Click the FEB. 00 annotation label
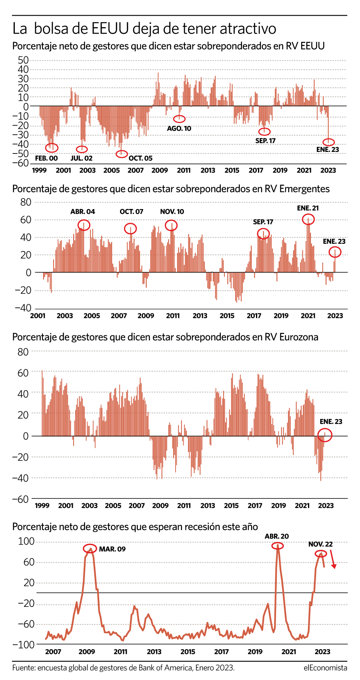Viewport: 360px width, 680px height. click(46, 158)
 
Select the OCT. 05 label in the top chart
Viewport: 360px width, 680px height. click(140, 158)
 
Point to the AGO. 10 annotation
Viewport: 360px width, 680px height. click(179, 128)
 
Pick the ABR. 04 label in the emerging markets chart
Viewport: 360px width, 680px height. click(83, 211)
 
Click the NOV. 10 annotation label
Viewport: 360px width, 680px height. click(172, 211)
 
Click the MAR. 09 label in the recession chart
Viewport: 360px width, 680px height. click(112, 549)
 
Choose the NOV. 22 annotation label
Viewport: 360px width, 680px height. click(320, 544)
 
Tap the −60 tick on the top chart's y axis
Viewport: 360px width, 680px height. click(20, 163)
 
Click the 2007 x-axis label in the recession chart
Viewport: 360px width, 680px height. click(53, 652)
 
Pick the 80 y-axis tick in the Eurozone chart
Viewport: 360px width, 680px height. click(23, 352)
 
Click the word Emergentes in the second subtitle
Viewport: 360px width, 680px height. click(304, 189)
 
